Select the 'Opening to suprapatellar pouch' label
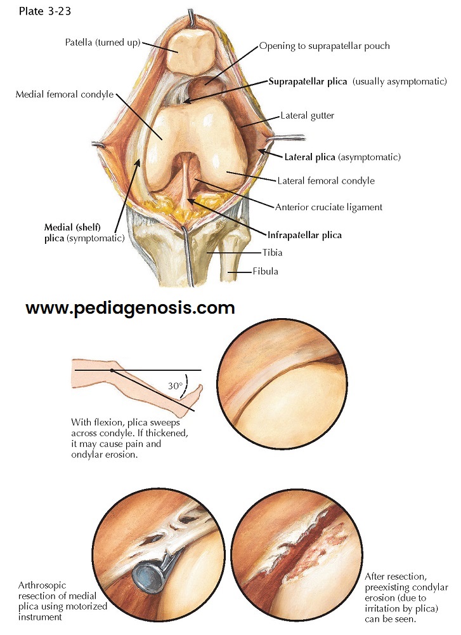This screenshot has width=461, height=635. click(x=324, y=46)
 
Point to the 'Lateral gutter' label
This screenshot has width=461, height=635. click(x=307, y=117)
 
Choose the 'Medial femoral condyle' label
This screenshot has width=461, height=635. click(x=65, y=95)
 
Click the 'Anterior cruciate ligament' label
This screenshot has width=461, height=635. click(x=328, y=207)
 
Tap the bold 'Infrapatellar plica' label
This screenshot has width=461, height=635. click(x=304, y=235)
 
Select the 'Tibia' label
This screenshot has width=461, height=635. click(x=273, y=253)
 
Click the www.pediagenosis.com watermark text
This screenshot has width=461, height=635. click(x=130, y=309)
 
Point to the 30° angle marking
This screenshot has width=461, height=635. click(x=176, y=385)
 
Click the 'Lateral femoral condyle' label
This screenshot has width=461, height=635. click(x=326, y=181)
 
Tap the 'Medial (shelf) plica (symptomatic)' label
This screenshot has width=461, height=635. click(x=79, y=232)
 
